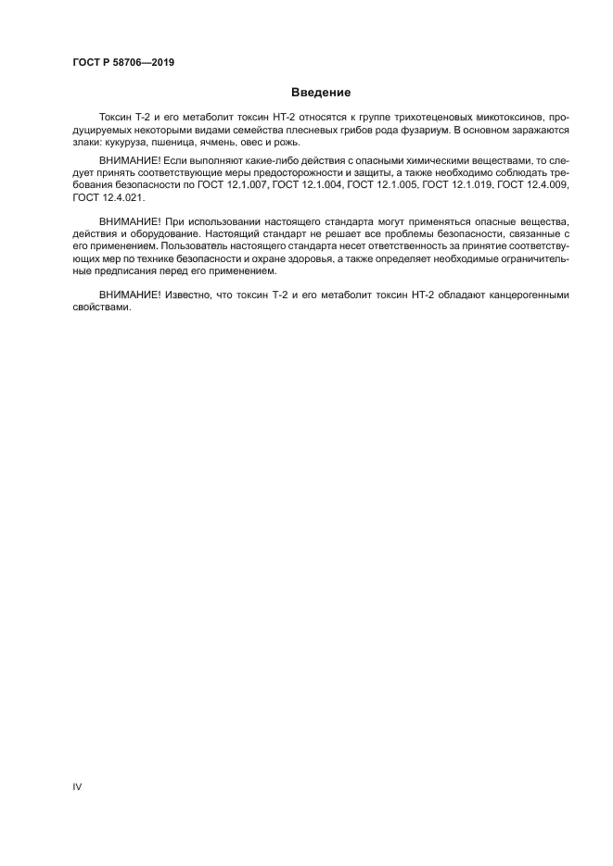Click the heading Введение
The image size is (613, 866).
321,93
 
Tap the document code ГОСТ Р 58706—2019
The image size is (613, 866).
123,63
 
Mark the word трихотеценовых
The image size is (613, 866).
428,119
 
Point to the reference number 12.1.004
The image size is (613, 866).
313,185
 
